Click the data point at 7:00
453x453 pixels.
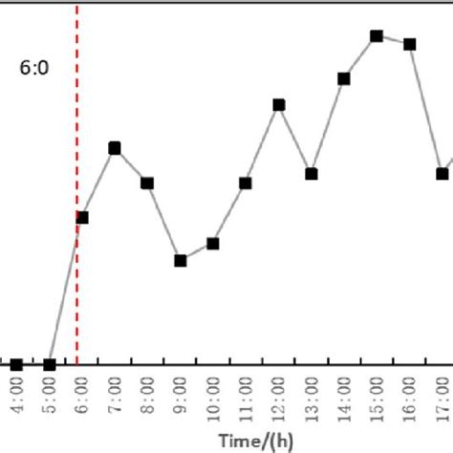(115, 148)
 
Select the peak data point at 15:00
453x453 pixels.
(377, 36)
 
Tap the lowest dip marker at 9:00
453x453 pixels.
(181, 260)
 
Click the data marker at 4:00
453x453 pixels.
(16, 364)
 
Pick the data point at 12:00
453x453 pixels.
(279, 104)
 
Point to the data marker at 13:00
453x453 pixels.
(312, 174)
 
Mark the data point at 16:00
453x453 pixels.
(410, 44)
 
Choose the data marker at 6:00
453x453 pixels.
(82, 217)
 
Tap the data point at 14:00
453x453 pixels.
(344, 78)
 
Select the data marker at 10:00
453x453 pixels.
(213, 244)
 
